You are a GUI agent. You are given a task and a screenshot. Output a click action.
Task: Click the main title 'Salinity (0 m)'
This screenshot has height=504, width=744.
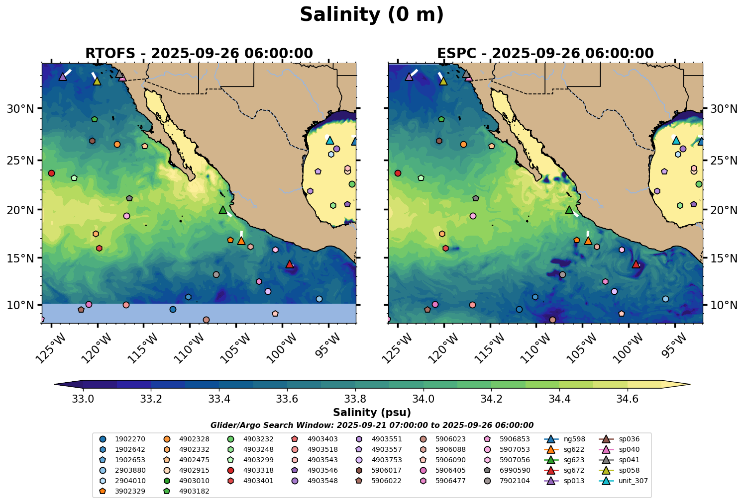[x=372, y=15]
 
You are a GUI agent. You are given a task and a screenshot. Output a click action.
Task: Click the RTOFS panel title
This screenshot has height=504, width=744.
[x=199, y=53]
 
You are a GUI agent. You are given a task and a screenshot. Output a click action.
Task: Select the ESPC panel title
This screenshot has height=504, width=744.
[x=545, y=53]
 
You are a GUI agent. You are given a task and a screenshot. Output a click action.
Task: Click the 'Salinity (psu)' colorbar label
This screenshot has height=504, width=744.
[x=372, y=413]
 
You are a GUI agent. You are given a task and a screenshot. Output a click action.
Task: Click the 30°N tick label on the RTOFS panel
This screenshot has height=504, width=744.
[x=20, y=108]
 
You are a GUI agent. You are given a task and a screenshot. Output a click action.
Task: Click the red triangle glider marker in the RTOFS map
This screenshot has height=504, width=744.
[x=290, y=264]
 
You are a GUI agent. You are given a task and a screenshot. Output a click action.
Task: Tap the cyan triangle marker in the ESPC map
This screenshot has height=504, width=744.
[x=676, y=140]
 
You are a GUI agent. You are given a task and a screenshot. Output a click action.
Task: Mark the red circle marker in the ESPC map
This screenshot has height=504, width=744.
[x=398, y=173]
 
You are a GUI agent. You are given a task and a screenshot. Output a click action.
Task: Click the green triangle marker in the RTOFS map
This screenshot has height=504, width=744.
[x=223, y=210]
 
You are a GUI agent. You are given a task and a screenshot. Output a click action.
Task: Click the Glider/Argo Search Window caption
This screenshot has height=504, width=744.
[x=372, y=425]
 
